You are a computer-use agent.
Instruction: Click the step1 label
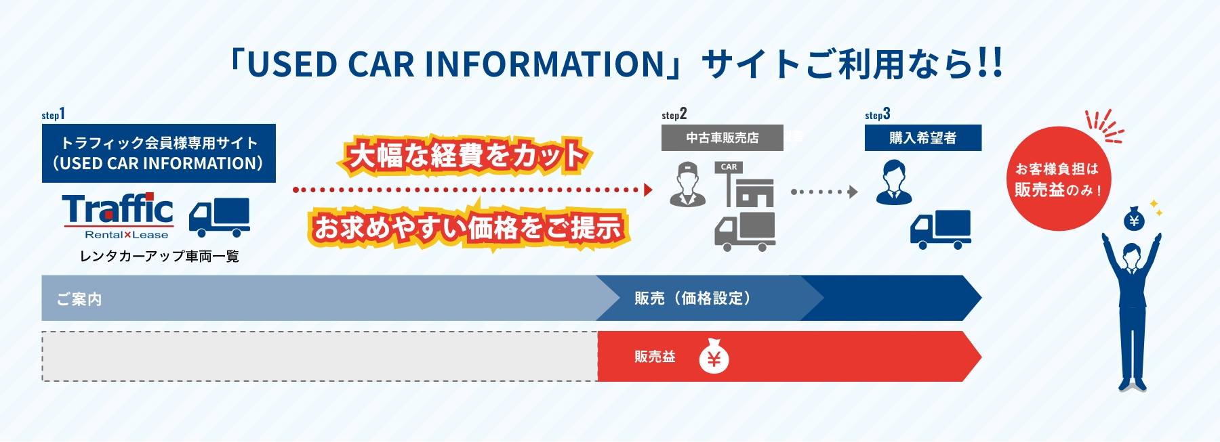[53, 114]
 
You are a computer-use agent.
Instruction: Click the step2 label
[674, 114]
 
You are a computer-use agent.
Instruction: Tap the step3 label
[877, 114]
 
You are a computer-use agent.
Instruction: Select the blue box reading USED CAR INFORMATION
[159, 153]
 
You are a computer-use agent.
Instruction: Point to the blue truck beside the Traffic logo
[219, 217]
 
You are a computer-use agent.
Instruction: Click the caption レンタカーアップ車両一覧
[159, 256]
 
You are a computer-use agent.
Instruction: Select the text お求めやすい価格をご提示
[468, 227]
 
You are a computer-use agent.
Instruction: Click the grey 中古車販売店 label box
[723, 137]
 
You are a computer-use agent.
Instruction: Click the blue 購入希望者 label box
[922, 137]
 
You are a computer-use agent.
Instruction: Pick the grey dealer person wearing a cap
[687, 184]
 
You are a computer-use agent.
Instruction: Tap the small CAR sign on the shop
[729, 167]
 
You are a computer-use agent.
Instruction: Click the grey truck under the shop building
[745, 231]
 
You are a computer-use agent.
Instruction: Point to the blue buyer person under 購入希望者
[894, 182]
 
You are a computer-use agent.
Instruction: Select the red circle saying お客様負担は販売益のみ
[1058, 179]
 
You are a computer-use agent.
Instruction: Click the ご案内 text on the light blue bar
[79, 299]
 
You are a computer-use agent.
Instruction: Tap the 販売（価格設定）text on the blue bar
[693, 298]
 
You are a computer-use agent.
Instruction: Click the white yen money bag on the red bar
[714, 356]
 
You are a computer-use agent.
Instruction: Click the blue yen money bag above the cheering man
[1134, 219]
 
